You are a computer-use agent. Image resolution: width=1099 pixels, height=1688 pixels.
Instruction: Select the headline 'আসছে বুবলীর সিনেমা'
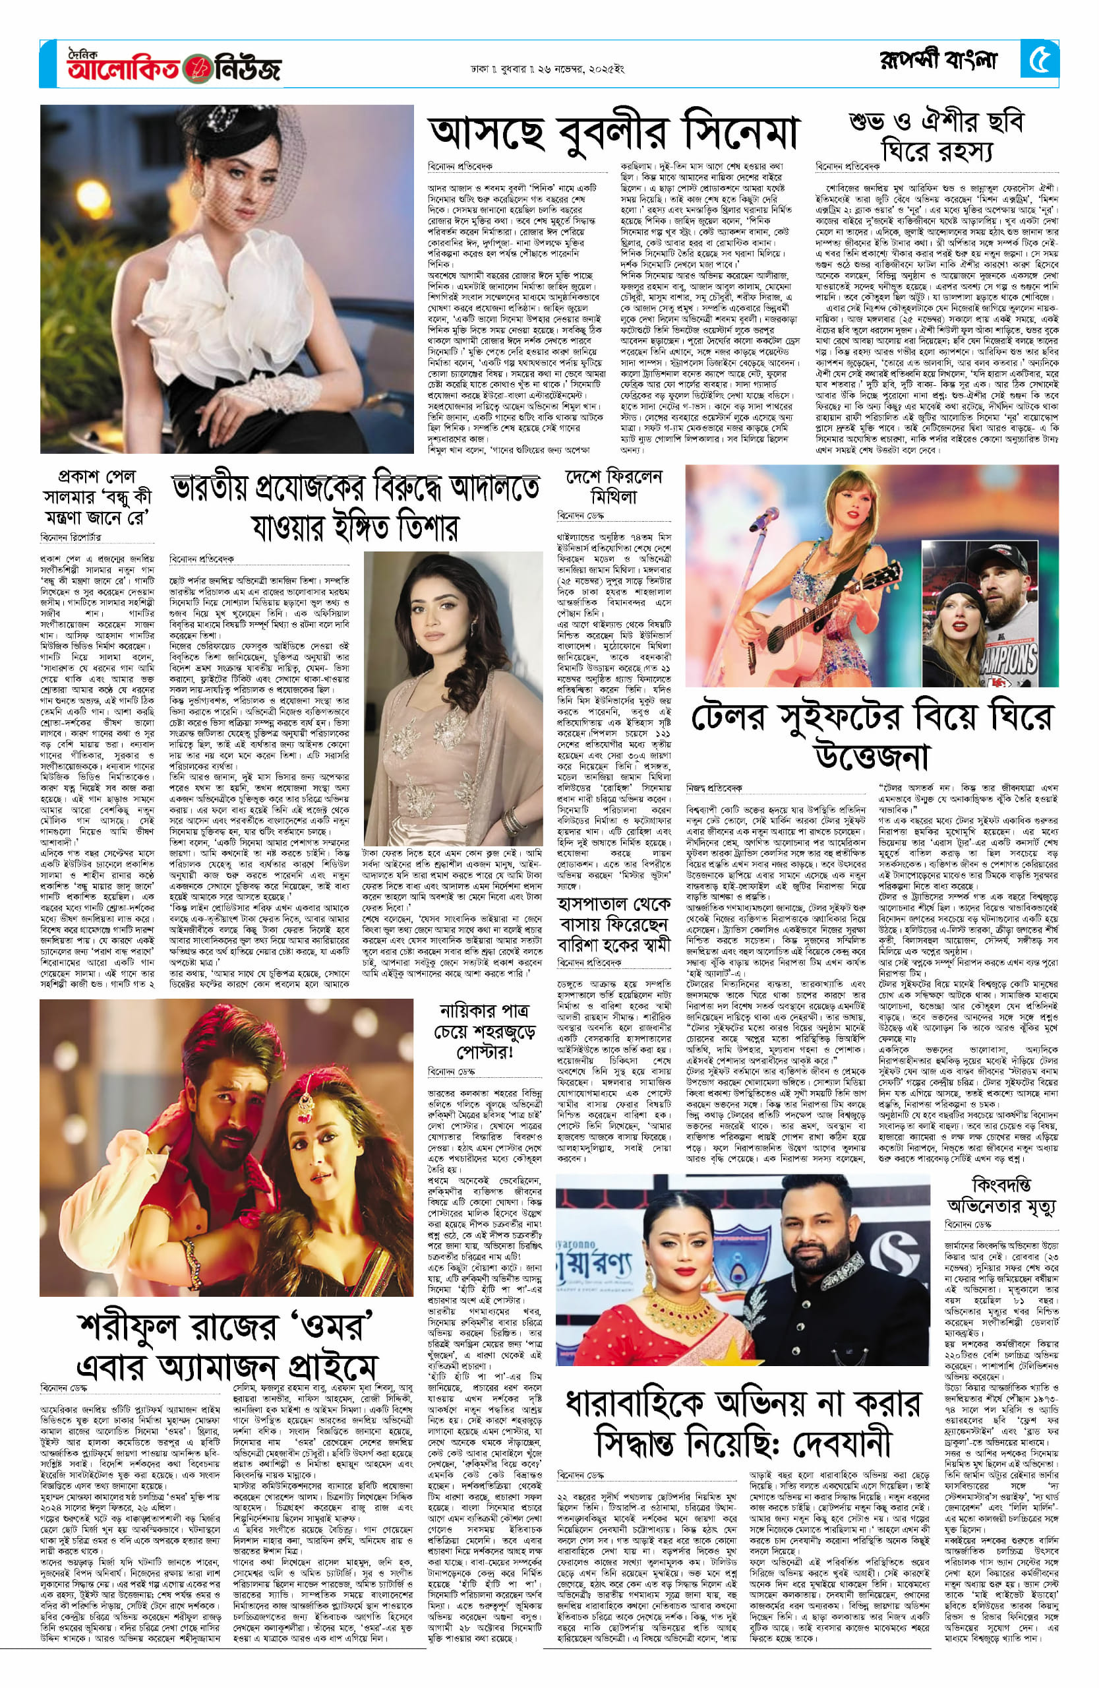[614, 133]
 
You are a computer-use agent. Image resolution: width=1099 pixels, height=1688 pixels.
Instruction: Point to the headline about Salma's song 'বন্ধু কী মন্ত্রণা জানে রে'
[97, 497]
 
